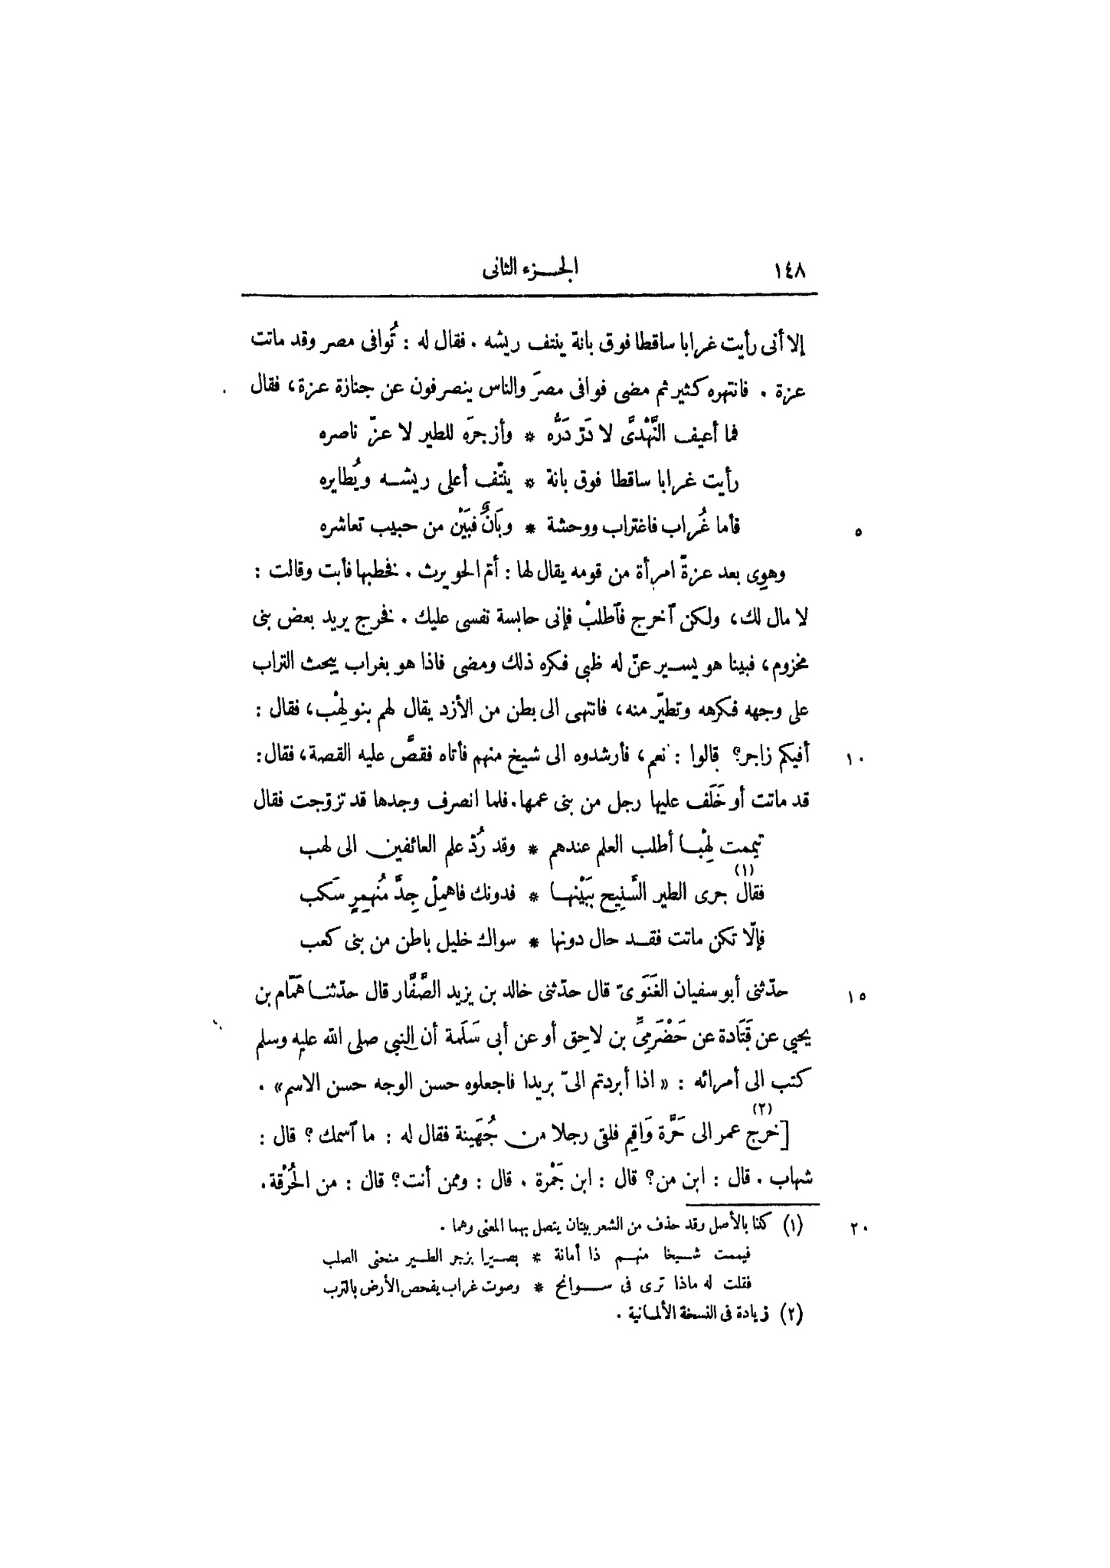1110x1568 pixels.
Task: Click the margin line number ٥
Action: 857,532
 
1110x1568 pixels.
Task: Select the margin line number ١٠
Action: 854,761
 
